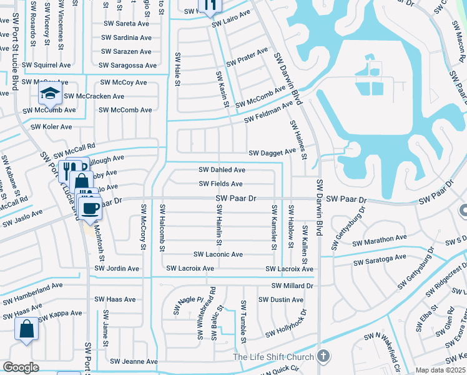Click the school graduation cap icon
[49, 94]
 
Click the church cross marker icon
[322, 356]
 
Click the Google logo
[21, 367]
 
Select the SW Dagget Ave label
[272, 152]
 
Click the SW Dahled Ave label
[222, 170]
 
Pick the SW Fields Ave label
[220, 184]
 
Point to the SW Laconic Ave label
[218, 255]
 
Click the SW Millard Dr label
[292, 286]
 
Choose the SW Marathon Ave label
[380, 238]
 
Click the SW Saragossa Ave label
[127, 66]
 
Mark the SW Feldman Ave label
[268, 112]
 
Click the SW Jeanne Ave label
[134, 362]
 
